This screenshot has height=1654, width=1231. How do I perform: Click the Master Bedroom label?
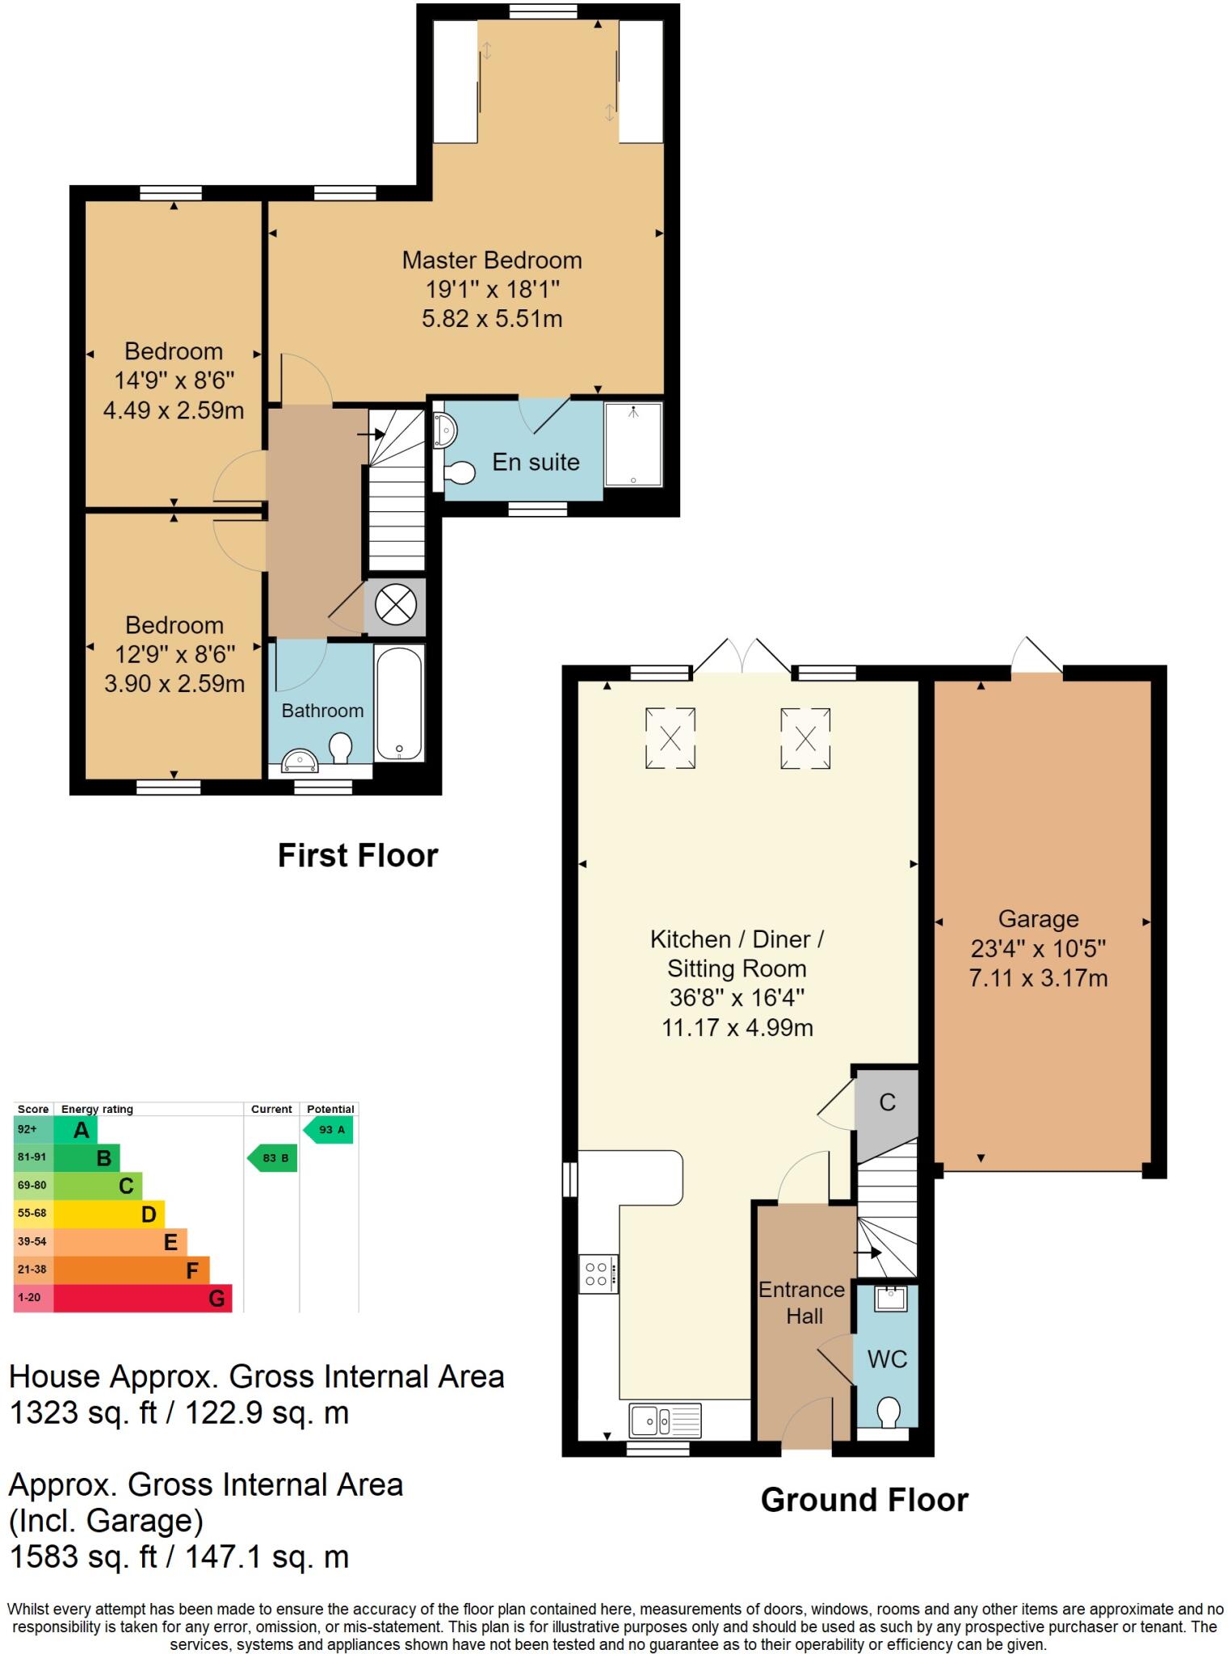[x=492, y=260]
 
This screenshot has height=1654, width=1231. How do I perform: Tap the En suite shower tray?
[x=633, y=444]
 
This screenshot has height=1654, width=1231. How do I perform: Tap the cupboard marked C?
[x=887, y=1102]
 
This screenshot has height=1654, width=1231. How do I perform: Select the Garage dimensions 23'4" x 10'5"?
[x=1038, y=948]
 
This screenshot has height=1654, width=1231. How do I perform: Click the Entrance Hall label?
[x=802, y=1303]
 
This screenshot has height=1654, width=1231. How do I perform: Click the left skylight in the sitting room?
[x=670, y=737]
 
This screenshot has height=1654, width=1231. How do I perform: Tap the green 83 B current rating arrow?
[x=272, y=1158]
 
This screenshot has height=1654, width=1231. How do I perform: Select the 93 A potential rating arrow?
[x=329, y=1130]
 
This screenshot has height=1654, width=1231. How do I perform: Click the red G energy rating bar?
[x=142, y=1299]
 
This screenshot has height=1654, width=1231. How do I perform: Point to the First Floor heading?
[x=357, y=855]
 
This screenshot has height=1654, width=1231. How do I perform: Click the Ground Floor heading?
[x=863, y=1500]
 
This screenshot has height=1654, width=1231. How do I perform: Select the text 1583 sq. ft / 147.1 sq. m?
[x=179, y=1556]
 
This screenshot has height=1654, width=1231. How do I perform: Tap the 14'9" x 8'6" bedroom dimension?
[x=174, y=380]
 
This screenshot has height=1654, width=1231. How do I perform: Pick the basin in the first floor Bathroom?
[x=301, y=760]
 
